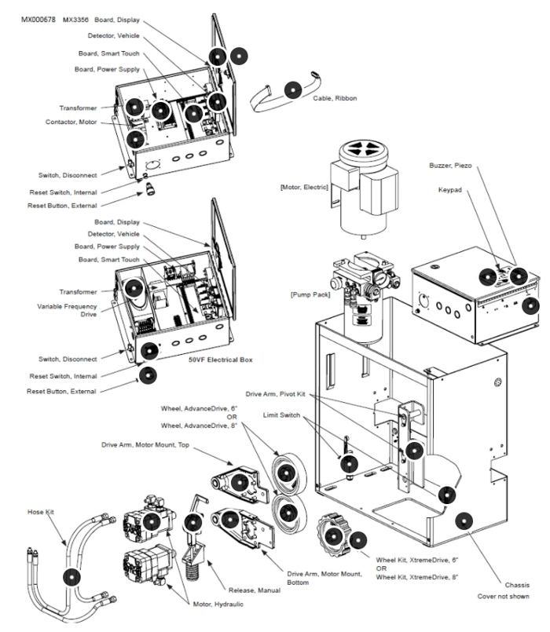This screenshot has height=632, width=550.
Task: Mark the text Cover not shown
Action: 503,597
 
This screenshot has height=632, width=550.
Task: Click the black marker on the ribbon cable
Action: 293,90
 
